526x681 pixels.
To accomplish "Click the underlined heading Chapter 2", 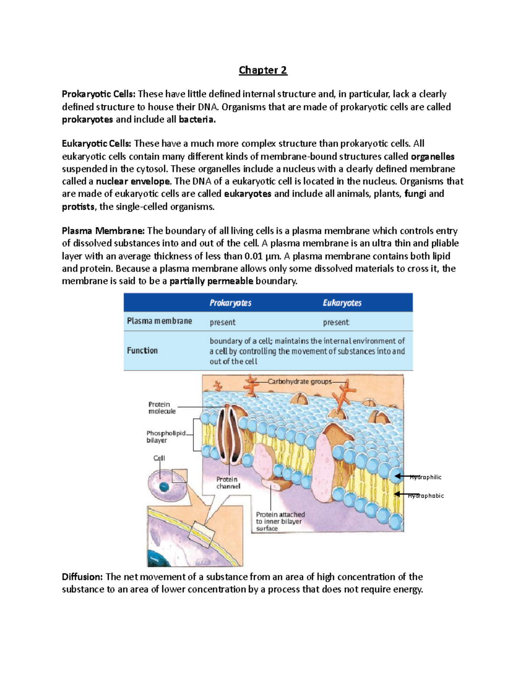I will coord(263,70).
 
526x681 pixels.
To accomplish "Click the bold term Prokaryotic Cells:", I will coord(99,94).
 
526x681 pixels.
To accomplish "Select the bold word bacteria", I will coord(197,120).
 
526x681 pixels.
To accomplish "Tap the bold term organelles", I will coord(432,157).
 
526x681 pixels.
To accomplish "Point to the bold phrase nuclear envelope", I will coord(133,182).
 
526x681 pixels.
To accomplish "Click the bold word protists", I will coord(78,207).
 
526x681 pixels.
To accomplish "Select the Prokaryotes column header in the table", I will coord(231,303).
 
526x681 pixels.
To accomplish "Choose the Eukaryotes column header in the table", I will coord(342,303).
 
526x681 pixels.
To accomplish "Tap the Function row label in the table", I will coord(142,350).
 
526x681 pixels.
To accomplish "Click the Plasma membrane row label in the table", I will coord(160,321).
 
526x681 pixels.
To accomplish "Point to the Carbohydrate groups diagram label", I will coord(300,382).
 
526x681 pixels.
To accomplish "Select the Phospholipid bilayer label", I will coord(166,437).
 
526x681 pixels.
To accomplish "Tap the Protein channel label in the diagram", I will coord(228,483).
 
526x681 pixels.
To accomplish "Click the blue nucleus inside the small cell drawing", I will coord(164,487).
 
